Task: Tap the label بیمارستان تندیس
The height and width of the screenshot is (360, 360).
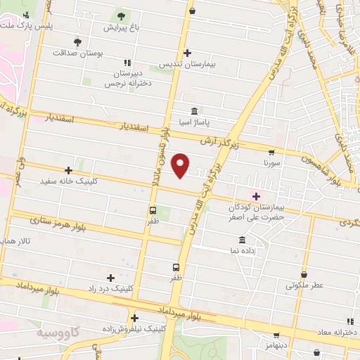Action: tap(186, 64)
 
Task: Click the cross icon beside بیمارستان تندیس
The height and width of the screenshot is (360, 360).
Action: tap(187, 53)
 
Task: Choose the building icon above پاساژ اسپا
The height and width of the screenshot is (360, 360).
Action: tap(194, 110)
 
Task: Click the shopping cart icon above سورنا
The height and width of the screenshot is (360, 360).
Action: tap(271, 152)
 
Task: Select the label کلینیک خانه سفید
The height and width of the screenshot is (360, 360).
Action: tap(68, 181)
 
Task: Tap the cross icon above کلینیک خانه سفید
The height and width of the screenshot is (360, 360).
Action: tap(68, 169)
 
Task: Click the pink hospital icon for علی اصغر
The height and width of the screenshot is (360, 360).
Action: tap(256, 196)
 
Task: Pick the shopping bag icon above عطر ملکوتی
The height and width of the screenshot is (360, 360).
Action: tap(303, 274)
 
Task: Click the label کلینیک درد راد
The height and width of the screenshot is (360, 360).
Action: tap(110, 288)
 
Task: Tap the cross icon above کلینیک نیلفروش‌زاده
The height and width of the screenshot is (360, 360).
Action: tap(134, 317)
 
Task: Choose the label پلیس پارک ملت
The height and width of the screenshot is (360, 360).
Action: tap(27, 25)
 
